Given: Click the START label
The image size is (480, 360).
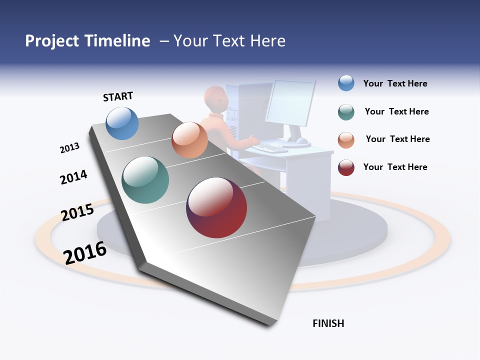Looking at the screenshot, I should (x=118, y=96).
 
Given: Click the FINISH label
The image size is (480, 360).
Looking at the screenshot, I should (x=328, y=323).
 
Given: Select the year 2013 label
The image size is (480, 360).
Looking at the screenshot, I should (x=69, y=148).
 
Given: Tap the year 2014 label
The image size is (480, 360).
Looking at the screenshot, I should (x=73, y=177).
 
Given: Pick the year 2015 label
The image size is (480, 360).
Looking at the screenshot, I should (x=77, y=212).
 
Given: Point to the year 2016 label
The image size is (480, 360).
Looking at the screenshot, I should (x=85, y=252).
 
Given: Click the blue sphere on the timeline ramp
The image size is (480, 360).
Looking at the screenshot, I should (x=122, y=123).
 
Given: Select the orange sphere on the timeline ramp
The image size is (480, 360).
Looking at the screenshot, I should (x=189, y=140).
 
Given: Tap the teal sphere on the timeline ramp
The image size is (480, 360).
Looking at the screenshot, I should (x=145, y=180).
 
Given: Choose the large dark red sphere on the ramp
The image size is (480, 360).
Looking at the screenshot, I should (x=216, y=207).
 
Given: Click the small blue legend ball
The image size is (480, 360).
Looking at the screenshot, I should (x=346, y=83).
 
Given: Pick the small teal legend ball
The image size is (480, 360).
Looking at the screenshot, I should (x=346, y=112).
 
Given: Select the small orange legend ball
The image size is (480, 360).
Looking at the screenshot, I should (x=346, y=140).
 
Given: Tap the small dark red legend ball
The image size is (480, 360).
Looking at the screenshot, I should (x=346, y=167).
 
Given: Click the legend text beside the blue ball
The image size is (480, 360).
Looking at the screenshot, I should (x=395, y=83).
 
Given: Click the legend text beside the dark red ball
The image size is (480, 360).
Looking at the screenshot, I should (x=395, y=167).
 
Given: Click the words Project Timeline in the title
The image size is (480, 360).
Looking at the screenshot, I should (x=87, y=41).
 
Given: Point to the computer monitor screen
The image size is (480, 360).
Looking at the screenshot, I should (x=291, y=102).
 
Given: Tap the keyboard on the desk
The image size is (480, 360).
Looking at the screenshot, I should (x=270, y=147).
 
